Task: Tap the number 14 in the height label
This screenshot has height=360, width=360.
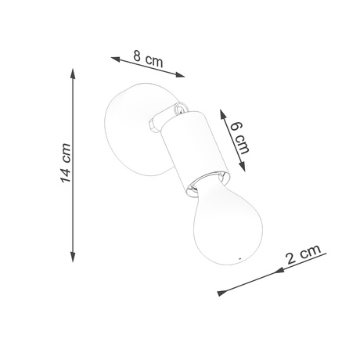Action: point(66,174)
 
